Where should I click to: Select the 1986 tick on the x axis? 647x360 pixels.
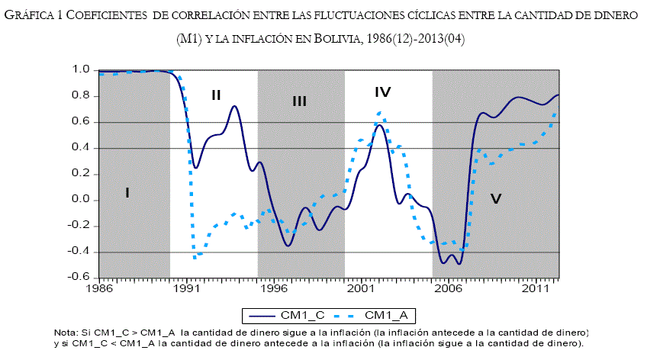click(98, 290)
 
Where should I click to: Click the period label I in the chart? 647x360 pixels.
click(127, 193)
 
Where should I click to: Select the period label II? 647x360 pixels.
click(216, 95)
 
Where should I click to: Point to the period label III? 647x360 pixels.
click(299, 101)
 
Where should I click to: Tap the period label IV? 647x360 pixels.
click(383, 92)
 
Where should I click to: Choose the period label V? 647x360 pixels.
click(496, 199)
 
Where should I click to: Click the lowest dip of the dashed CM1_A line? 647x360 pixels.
click(195, 258)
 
